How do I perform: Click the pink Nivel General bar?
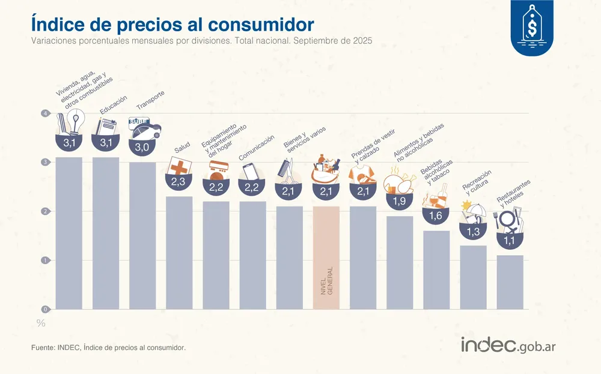click(x=326, y=258)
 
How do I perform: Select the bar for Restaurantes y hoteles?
click(x=510, y=282)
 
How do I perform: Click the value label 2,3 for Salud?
click(x=178, y=182)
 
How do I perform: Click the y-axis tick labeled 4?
click(x=44, y=113)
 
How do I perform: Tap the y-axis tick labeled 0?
click(x=44, y=309)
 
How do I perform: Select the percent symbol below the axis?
click(x=41, y=323)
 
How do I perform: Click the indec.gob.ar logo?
click(x=516, y=346)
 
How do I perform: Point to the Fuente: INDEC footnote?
click(x=108, y=348)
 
